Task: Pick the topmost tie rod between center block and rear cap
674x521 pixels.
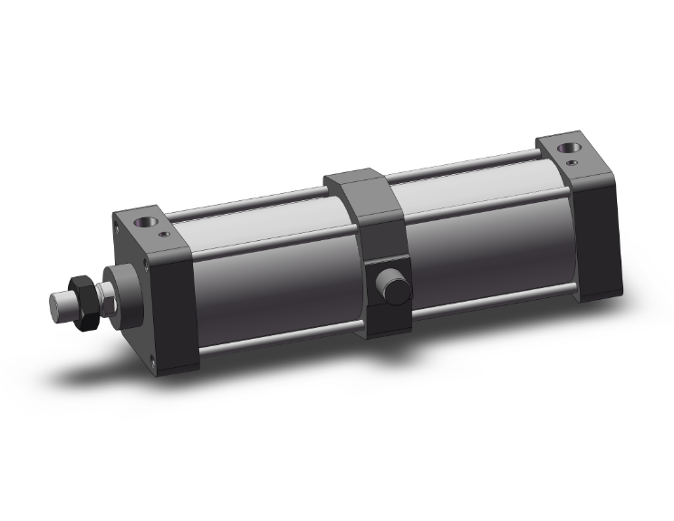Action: [x=471, y=163]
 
